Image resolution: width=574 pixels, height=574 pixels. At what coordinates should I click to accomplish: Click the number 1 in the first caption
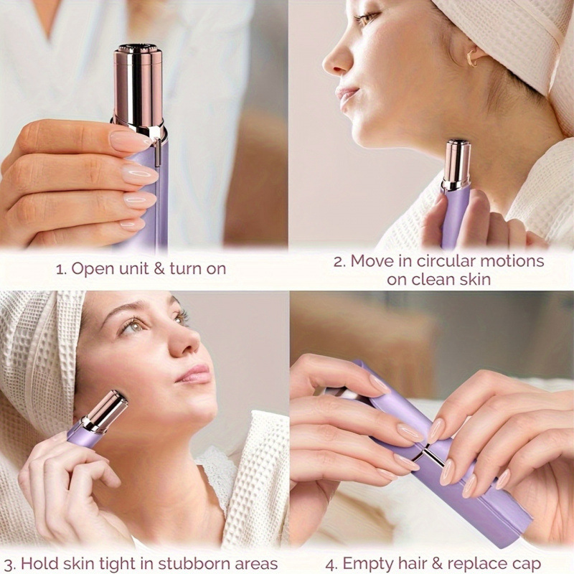[60, 269]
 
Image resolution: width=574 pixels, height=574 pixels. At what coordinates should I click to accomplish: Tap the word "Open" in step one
[91, 269]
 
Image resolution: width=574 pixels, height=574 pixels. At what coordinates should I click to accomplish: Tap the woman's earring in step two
[472, 57]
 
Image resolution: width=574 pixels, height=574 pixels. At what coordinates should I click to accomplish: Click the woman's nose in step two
[335, 61]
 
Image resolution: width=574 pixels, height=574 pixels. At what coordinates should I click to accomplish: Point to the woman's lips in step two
[347, 95]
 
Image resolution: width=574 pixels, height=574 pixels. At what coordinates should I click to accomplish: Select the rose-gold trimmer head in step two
[456, 164]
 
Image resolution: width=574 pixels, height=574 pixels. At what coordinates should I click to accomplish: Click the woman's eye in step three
[132, 326]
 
